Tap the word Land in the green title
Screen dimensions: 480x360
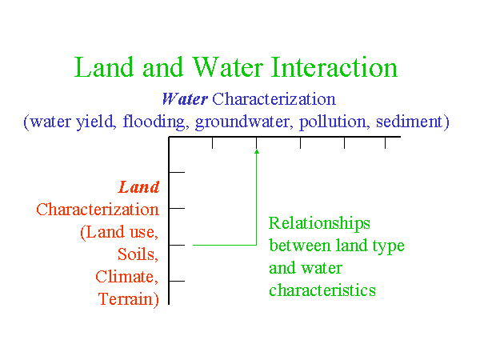(x=104, y=67)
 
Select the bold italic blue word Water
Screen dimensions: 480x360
(x=185, y=99)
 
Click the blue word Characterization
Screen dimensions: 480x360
(x=274, y=99)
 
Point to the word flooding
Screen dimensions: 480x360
(x=154, y=122)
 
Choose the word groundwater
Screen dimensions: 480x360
(x=242, y=122)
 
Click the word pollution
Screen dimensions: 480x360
(x=333, y=122)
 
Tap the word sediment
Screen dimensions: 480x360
(x=410, y=122)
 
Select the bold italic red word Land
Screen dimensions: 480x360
(x=139, y=187)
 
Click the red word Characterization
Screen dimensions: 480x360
(x=98, y=210)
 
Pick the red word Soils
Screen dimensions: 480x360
(x=138, y=254)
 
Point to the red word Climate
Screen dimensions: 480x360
(x=127, y=277)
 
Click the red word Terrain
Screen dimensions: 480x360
(x=129, y=299)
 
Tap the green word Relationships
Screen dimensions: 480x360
(x=319, y=223)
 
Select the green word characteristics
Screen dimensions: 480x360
(x=322, y=290)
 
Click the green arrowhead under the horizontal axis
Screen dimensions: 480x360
(x=257, y=151)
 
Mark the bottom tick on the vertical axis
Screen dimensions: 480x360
(x=177, y=281)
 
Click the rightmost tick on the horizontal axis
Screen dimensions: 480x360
(x=385, y=143)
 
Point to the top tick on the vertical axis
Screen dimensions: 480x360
(x=177, y=172)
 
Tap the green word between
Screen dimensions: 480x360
(x=300, y=246)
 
